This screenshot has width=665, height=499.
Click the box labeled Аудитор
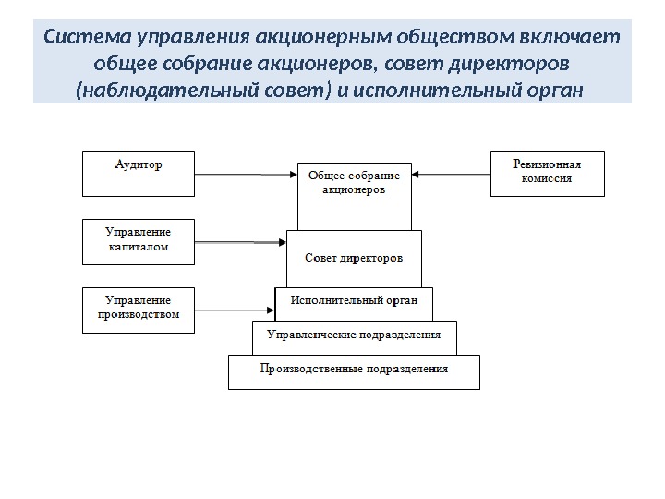139,174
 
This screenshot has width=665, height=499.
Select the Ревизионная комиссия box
547,174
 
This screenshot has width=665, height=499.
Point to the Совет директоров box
354,259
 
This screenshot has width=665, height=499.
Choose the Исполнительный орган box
355,301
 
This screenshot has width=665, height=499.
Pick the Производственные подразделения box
354,371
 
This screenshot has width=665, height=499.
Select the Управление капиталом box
139,242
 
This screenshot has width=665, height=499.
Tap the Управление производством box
139,310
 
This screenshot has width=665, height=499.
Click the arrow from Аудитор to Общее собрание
246,174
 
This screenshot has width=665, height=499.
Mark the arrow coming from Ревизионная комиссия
451,174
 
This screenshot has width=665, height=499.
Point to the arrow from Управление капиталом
240,242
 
